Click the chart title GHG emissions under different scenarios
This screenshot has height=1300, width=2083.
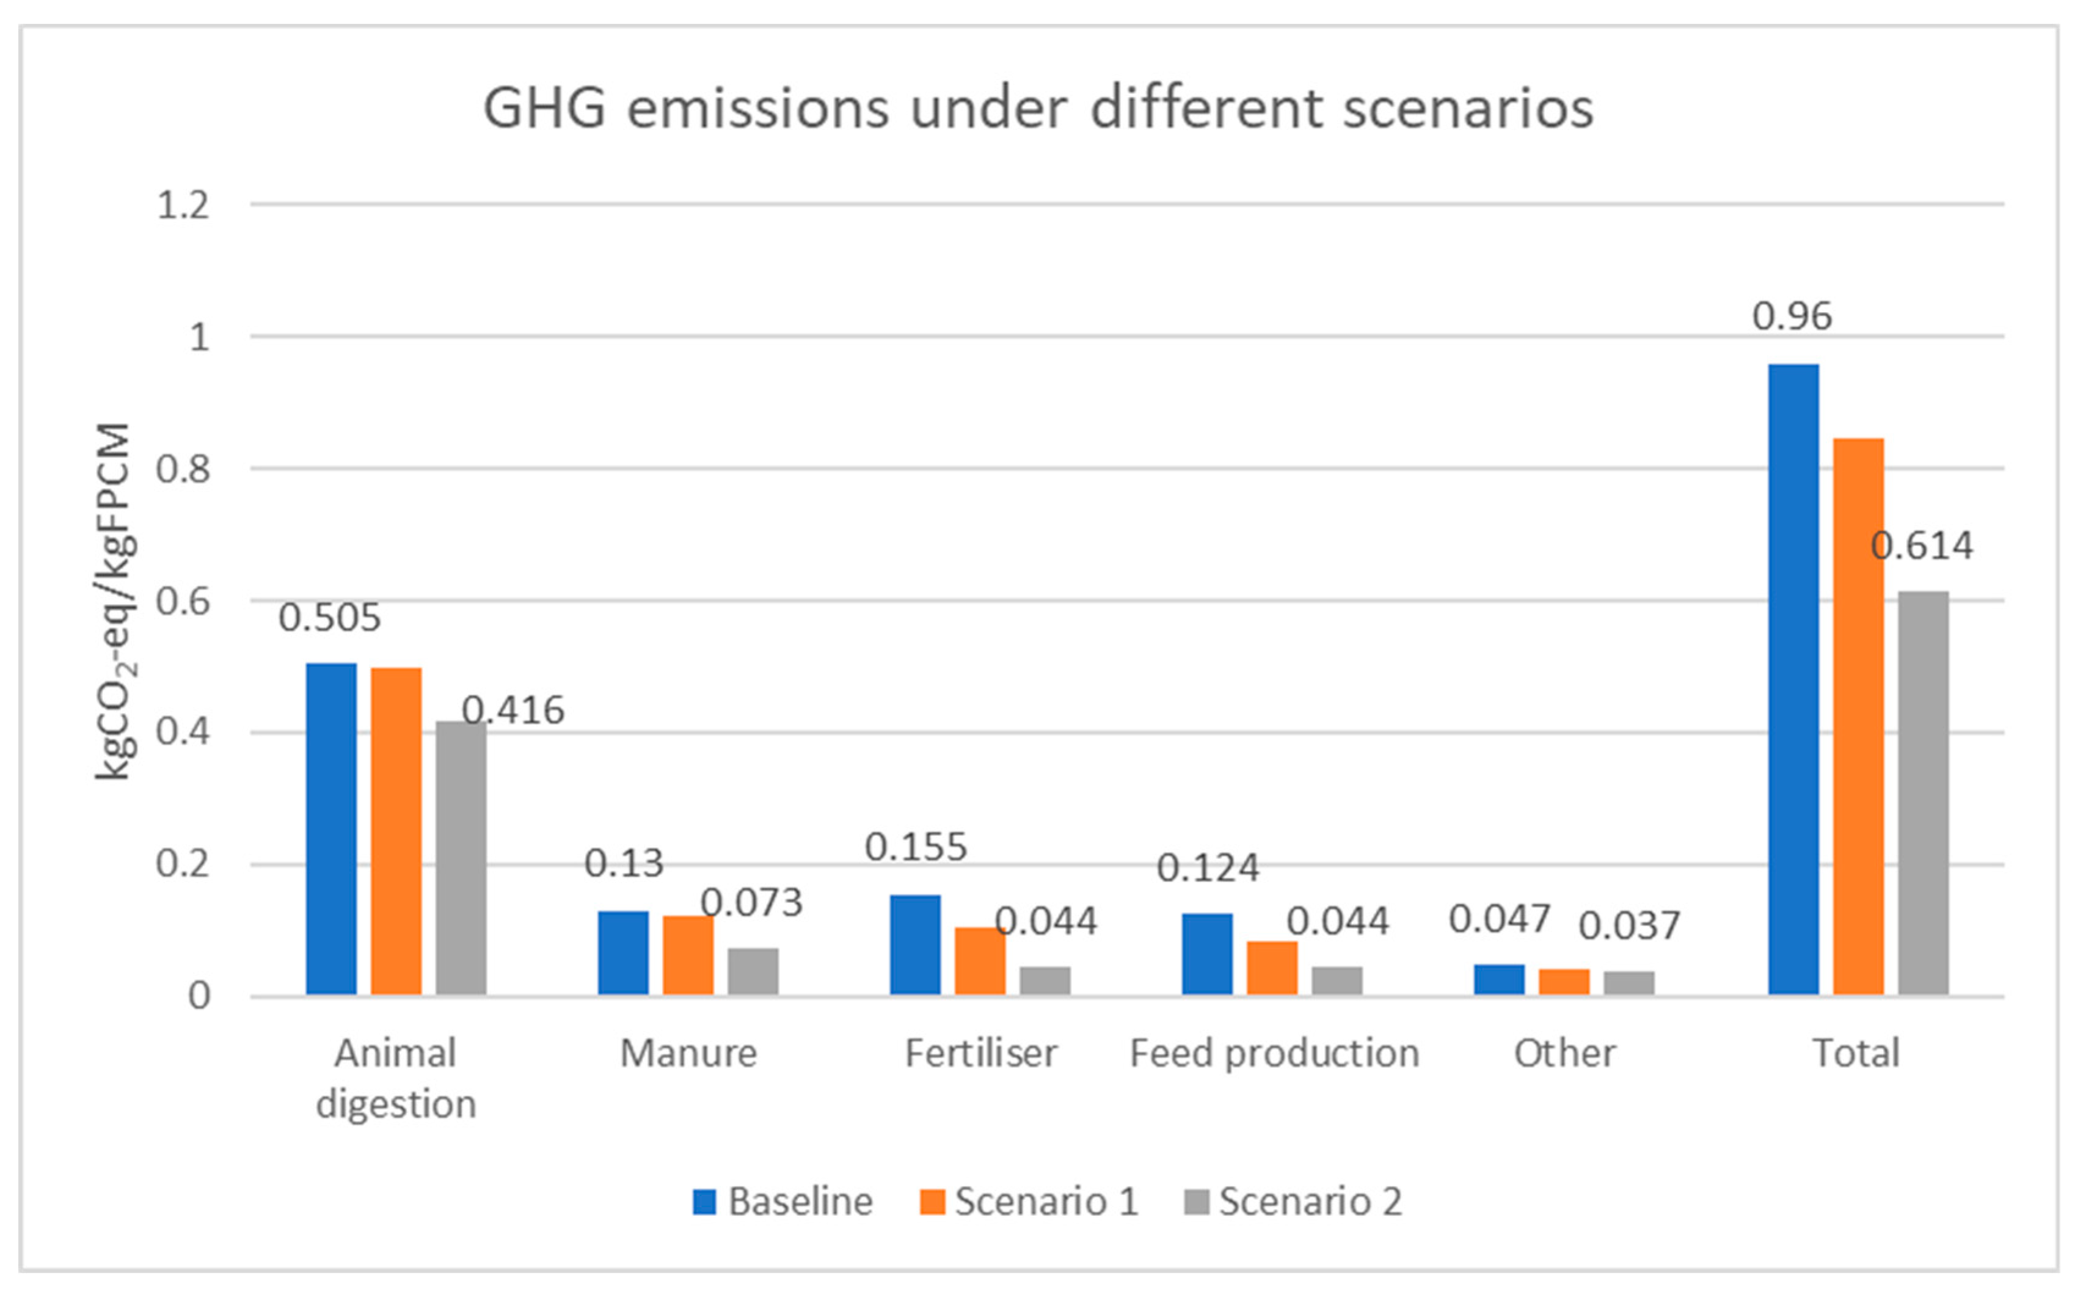[x=1038, y=109]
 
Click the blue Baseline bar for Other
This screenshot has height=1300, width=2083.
[x=1498, y=979]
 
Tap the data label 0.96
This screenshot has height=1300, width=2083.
[x=1792, y=316]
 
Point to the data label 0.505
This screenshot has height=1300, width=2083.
[x=329, y=618]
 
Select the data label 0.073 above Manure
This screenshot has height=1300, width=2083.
[x=751, y=902]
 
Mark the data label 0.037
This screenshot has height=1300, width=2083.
[x=1629, y=926]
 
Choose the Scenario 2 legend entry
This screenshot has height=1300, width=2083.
[x=1293, y=1201]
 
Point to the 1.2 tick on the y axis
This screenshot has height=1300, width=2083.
[x=183, y=205]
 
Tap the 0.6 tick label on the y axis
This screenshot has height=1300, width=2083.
[x=183, y=602]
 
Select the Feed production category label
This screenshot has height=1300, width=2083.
[x=1274, y=1053]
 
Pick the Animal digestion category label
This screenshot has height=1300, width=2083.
[x=395, y=1078]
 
